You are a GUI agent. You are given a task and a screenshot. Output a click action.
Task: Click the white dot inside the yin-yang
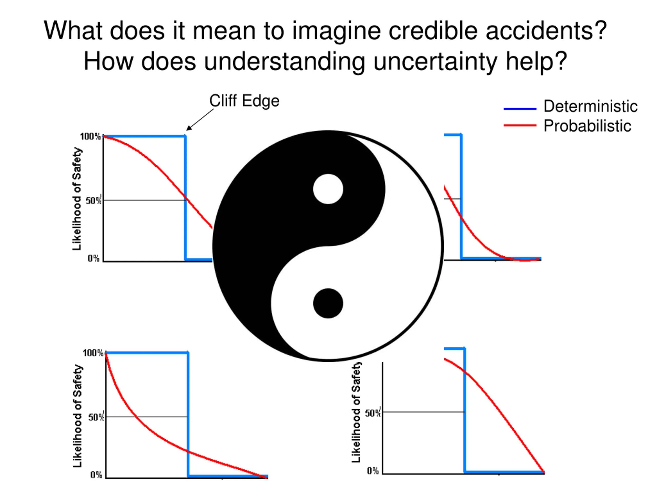tap(328, 189)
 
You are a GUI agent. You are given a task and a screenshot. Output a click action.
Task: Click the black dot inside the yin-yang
tap(328, 304)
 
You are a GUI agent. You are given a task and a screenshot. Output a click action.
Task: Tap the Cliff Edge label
tap(244, 101)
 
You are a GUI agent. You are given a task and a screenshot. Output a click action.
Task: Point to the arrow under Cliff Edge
tap(200, 120)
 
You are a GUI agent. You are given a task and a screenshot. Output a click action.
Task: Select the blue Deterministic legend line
tap(520, 109)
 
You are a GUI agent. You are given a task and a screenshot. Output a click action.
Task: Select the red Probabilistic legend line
tap(520, 125)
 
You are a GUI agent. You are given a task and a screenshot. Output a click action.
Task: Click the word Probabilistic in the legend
tap(587, 126)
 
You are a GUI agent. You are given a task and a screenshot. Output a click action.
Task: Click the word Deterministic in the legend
tap(590, 106)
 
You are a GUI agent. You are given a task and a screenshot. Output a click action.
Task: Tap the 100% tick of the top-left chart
tap(90, 136)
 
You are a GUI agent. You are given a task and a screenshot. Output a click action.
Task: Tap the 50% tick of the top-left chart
tap(93, 201)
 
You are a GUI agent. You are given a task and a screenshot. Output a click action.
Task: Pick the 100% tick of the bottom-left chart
tap(93, 353)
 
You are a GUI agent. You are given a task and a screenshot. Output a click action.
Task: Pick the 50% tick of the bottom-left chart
tap(96, 417)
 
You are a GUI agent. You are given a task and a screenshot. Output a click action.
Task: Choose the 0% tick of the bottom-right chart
tap(373, 471)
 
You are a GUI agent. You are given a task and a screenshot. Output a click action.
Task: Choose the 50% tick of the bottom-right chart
tap(372, 413)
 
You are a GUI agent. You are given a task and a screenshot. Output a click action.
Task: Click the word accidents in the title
tap(546, 30)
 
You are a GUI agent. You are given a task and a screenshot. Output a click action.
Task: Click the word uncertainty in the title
tap(435, 61)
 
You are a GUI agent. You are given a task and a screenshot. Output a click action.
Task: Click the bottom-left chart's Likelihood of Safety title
tap(78, 416)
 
